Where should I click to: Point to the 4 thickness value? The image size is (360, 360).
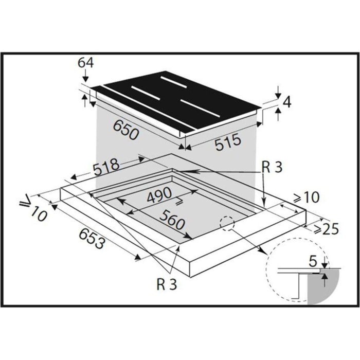(x=287, y=103)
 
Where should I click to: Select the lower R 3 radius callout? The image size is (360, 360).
(x=167, y=283)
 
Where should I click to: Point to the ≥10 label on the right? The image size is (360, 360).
(x=306, y=196)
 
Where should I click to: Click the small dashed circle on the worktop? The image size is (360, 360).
(x=226, y=224)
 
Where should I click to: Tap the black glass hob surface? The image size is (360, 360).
(x=175, y=100)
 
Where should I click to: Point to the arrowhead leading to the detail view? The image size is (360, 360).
(x=263, y=252)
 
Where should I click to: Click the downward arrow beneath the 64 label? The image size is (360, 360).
(x=85, y=76)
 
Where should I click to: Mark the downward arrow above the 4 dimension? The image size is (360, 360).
(x=278, y=93)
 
